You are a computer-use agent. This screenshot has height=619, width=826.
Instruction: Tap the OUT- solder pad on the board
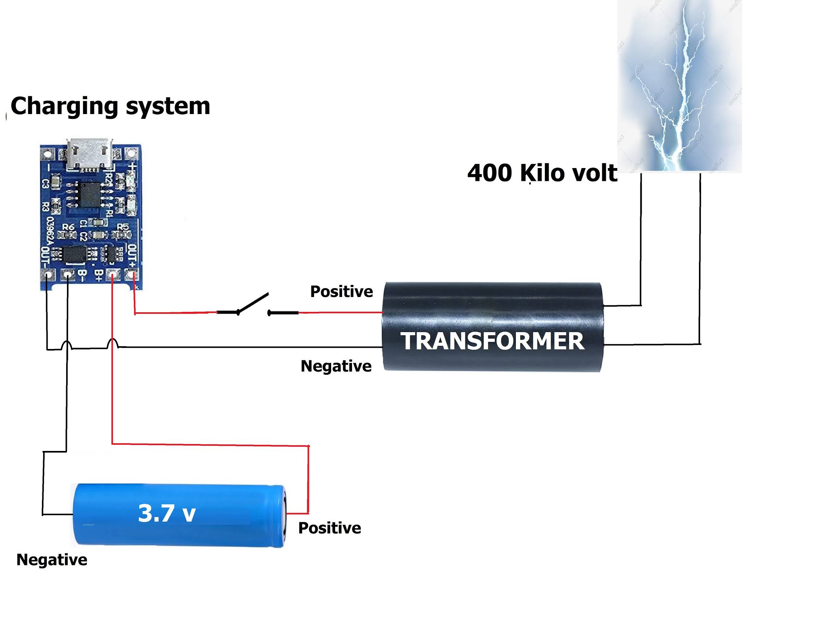(x=48, y=275)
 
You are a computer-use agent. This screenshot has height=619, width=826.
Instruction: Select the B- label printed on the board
(x=82, y=275)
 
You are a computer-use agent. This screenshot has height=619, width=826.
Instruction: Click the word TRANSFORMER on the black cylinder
(x=492, y=341)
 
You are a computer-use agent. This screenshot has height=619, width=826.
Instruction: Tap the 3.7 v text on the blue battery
(x=167, y=513)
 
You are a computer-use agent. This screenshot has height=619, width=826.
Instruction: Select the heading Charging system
(x=110, y=106)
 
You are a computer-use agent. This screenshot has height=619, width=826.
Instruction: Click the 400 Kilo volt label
(x=542, y=173)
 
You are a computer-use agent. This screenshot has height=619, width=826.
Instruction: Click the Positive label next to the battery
(x=330, y=528)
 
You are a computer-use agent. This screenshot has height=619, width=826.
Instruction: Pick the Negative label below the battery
(x=52, y=560)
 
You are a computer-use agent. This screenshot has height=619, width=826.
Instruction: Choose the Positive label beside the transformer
(x=341, y=291)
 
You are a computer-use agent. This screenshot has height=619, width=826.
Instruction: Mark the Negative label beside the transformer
(x=336, y=366)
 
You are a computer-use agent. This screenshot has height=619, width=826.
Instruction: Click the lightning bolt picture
(x=679, y=87)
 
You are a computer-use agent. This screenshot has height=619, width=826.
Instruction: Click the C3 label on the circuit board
(x=46, y=183)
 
